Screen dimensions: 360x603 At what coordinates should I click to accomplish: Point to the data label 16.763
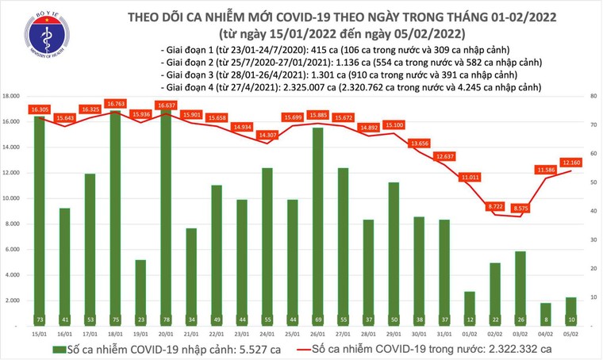tap(116, 103)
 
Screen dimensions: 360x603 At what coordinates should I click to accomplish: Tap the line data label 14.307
tap(267, 136)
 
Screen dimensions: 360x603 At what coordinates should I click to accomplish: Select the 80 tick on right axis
tap(593, 96)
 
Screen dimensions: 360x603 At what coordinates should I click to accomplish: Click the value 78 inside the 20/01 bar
tap(167, 318)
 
